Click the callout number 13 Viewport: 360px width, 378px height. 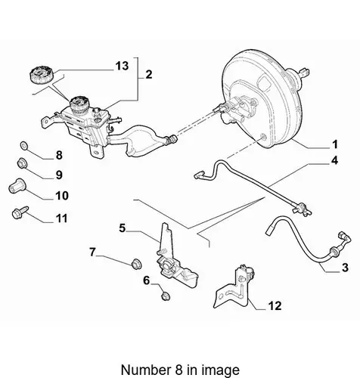tap(122, 66)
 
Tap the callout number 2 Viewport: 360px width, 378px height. tap(149, 75)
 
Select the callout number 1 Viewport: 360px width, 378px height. tap(334, 144)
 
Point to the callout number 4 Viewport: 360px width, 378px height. tap(334, 160)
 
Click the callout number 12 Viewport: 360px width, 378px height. tap(275, 306)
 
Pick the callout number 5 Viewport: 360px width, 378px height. tap(123, 228)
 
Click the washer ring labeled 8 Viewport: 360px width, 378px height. tap(24, 145)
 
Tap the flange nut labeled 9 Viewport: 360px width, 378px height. tap(22, 163)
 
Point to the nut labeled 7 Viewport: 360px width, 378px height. tap(137, 264)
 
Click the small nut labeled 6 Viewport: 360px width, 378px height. tap(166, 296)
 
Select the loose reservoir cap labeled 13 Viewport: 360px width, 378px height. tap(42, 74)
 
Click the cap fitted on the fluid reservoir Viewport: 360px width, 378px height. tap(79, 104)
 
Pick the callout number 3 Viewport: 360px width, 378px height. tap(345, 268)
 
